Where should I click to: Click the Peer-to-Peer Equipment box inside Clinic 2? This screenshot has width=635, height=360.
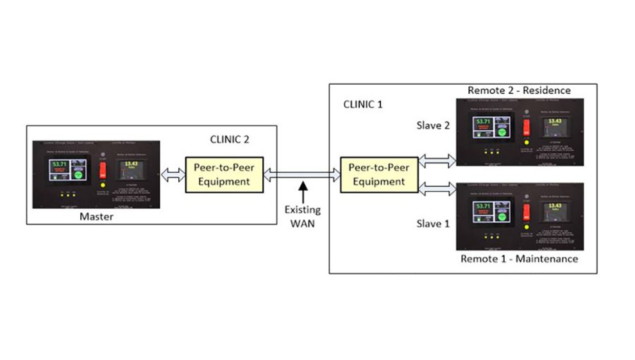click(x=223, y=173)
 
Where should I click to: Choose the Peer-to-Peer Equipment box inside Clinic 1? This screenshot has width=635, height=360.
click(x=378, y=173)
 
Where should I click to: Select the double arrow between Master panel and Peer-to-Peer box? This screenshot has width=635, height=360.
click(x=173, y=175)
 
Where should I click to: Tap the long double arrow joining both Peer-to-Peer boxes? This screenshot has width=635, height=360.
click(x=301, y=174)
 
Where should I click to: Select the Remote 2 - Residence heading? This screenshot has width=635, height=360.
click(x=519, y=90)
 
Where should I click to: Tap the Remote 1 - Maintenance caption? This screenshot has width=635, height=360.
click(x=519, y=259)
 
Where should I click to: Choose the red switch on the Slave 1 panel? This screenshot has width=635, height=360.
click(x=526, y=211)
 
